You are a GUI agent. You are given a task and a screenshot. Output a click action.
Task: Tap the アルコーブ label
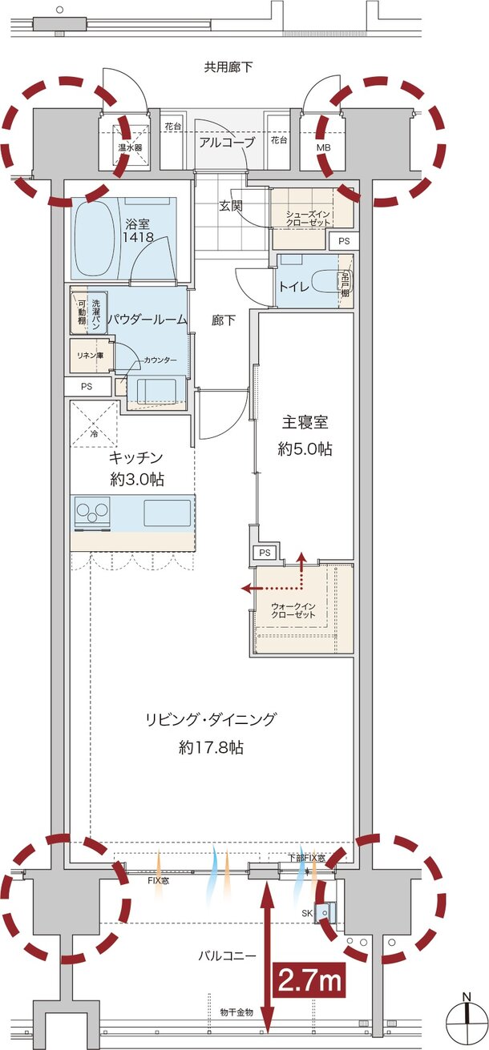click(227, 143)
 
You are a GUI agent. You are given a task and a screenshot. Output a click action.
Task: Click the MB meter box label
click(322, 148)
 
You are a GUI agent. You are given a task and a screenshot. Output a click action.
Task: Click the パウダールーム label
click(148, 319)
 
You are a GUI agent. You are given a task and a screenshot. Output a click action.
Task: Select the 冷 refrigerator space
click(94, 424)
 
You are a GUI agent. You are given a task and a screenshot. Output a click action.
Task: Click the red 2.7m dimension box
click(310, 979)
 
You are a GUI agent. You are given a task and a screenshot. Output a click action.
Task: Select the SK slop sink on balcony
click(326, 911)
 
